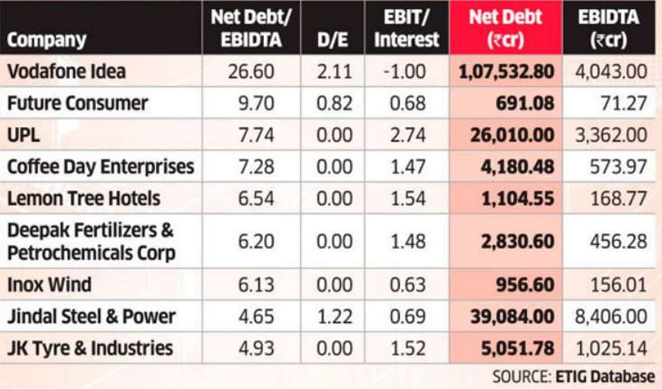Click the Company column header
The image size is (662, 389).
(x=47, y=40)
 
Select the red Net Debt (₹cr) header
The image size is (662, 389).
(x=506, y=28)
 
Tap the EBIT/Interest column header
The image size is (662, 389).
(x=406, y=28)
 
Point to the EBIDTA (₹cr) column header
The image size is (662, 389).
(x=609, y=28)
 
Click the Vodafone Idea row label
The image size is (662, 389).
(x=66, y=71)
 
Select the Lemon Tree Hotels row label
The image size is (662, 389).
(x=84, y=198)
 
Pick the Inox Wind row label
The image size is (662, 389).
(x=49, y=285)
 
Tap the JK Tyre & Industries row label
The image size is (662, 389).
(x=90, y=348)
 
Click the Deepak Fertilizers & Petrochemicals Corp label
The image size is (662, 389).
(x=91, y=241)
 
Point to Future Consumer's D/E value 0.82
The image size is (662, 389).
(x=334, y=103)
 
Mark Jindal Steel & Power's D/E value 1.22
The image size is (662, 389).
(x=334, y=317)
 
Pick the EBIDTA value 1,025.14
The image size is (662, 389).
(x=610, y=348)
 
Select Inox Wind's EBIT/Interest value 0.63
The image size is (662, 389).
(x=406, y=285)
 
